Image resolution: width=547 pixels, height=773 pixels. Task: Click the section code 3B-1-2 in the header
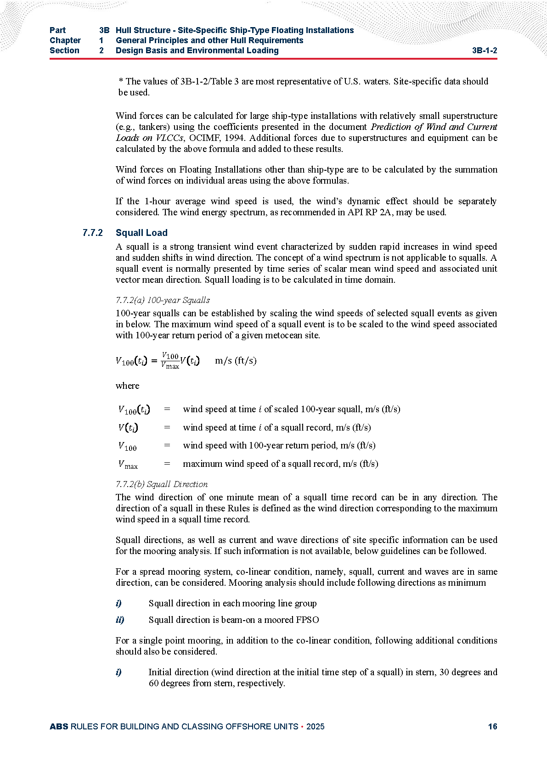click(x=484, y=50)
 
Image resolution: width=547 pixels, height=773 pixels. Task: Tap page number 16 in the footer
click(x=492, y=726)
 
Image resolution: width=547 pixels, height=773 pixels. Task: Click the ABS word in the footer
click(x=59, y=726)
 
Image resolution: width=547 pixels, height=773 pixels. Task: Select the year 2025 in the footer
click(x=315, y=726)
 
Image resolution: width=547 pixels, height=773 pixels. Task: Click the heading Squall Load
click(x=141, y=233)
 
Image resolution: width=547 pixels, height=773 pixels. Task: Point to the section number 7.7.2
click(x=93, y=233)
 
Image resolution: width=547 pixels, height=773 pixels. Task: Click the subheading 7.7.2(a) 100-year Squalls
click(x=163, y=300)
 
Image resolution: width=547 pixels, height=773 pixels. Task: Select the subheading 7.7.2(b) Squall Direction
click(x=162, y=484)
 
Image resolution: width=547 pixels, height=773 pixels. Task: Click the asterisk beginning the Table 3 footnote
click(x=121, y=82)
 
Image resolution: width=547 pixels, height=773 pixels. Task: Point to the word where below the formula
click(x=127, y=386)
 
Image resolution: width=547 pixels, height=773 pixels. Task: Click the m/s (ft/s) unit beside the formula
click(x=236, y=360)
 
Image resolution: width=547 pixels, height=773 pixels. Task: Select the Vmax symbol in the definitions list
click(x=128, y=464)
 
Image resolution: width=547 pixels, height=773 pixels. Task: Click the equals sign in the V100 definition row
click(x=167, y=445)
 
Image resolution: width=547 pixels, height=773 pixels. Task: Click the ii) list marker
click(x=120, y=620)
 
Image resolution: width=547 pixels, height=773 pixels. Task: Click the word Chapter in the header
click(x=65, y=40)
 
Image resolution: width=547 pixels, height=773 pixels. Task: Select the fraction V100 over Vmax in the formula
click(x=170, y=361)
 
